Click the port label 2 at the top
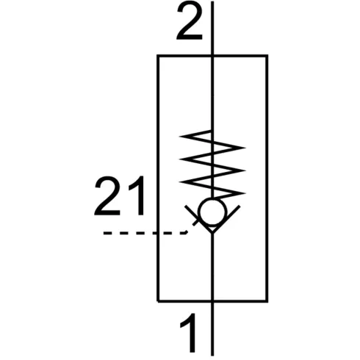pyautogui.click(x=190, y=21)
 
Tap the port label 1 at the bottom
pyautogui.click(x=190, y=333)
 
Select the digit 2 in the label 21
pyautogui.click(x=108, y=195)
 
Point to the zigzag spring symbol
pyautogui.click(x=212, y=164)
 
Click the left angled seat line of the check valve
pyautogui.click(x=198, y=219)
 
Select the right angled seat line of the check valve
pyautogui.click(x=226, y=219)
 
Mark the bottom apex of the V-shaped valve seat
pyautogui.click(x=212, y=233)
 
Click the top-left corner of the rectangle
pyautogui.click(x=158, y=56)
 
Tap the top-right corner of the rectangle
pyautogui.click(x=267, y=56)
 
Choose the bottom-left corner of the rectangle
pyautogui.click(x=158, y=300)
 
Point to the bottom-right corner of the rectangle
pyautogui.click(x=267, y=300)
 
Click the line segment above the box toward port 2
pyautogui.click(x=212, y=28)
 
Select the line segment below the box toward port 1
pyautogui.click(x=212, y=328)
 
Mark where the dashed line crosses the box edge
pyautogui.click(x=158, y=233)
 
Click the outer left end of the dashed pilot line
pyautogui.click(x=104, y=233)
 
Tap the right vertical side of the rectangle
pyautogui.click(x=267, y=179)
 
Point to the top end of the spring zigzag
pyautogui.click(x=210, y=131)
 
